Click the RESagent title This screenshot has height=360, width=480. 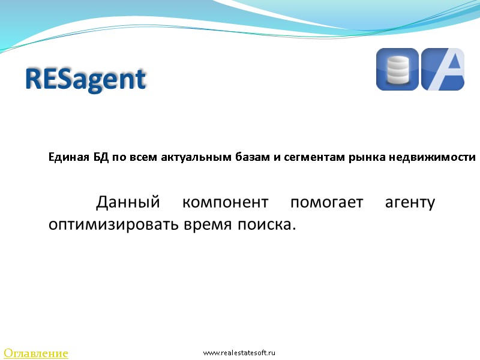(x=86, y=79)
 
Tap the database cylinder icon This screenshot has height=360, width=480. (x=397, y=70)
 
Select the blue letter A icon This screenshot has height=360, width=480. (x=443, y=70)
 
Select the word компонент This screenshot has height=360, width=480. (x=225, y=202)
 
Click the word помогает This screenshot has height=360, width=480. (x=326, y=202)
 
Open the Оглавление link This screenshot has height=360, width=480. (x=36, y=353)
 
